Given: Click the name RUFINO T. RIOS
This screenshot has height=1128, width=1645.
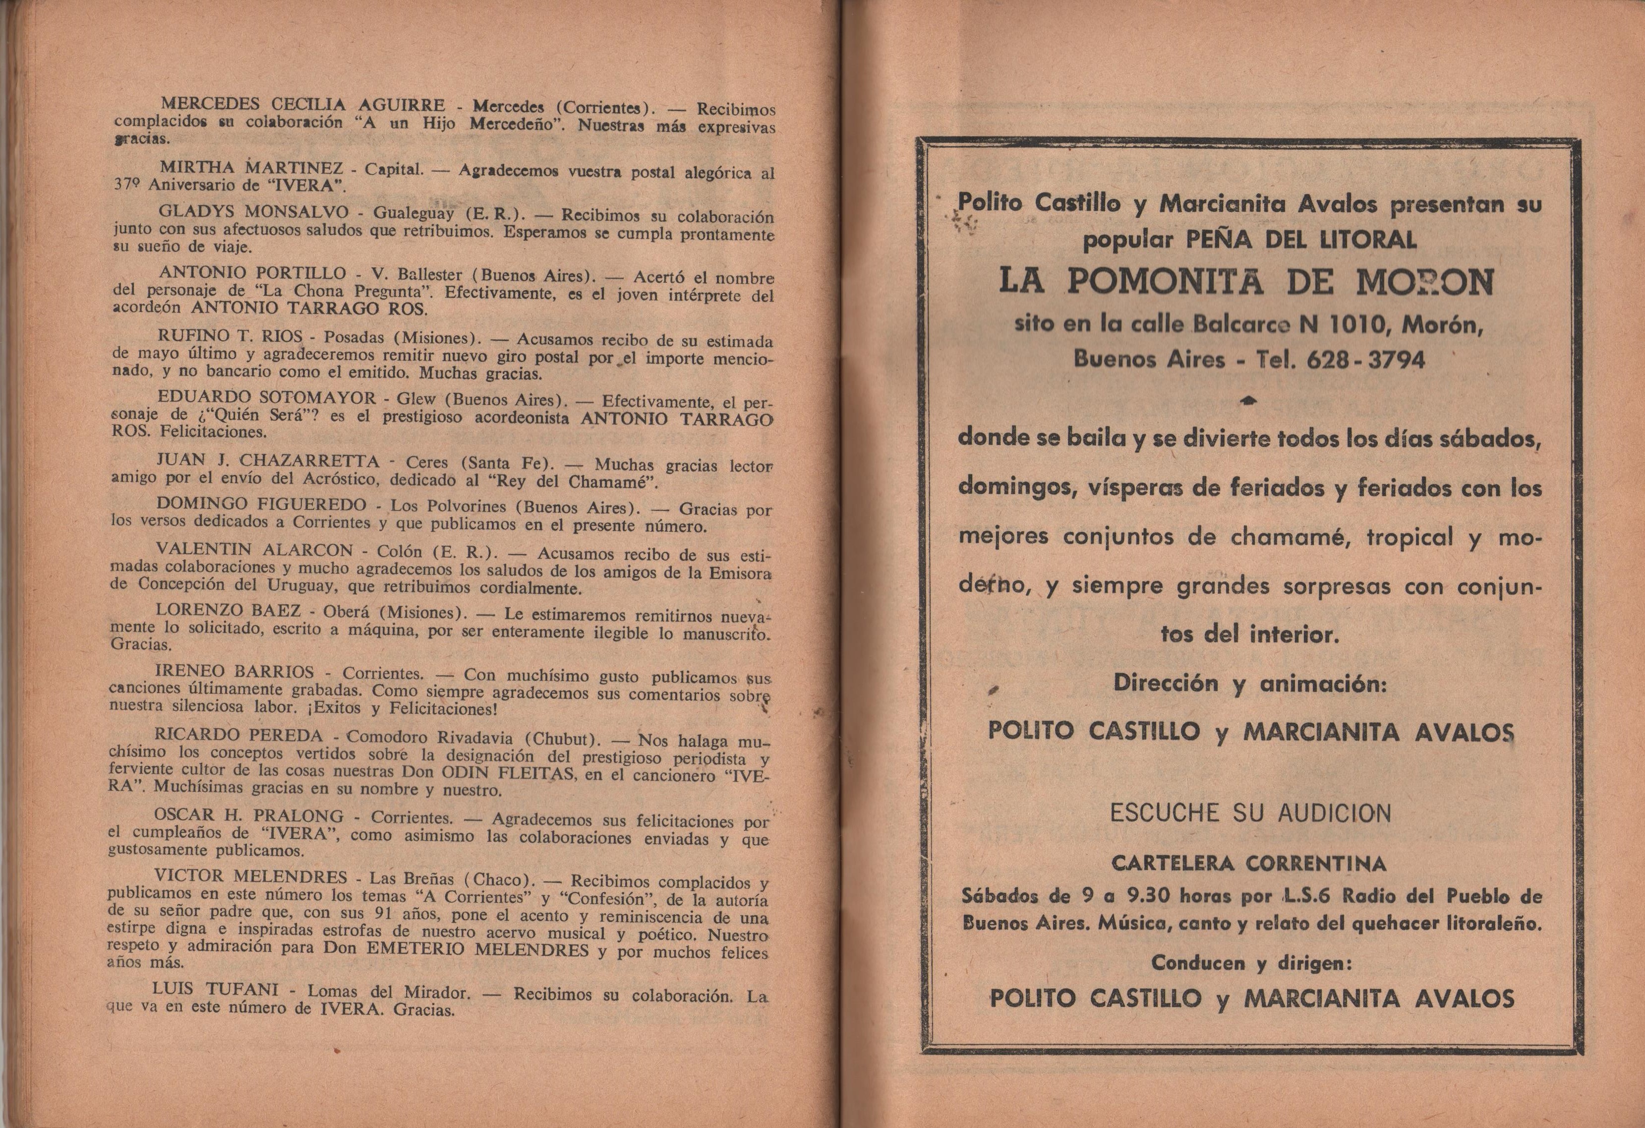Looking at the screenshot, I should (x=230, y=336).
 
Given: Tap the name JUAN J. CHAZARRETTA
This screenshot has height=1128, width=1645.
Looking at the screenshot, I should (x=268, y=460).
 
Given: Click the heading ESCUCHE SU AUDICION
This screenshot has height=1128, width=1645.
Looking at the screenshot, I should (x=1250, y=813).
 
